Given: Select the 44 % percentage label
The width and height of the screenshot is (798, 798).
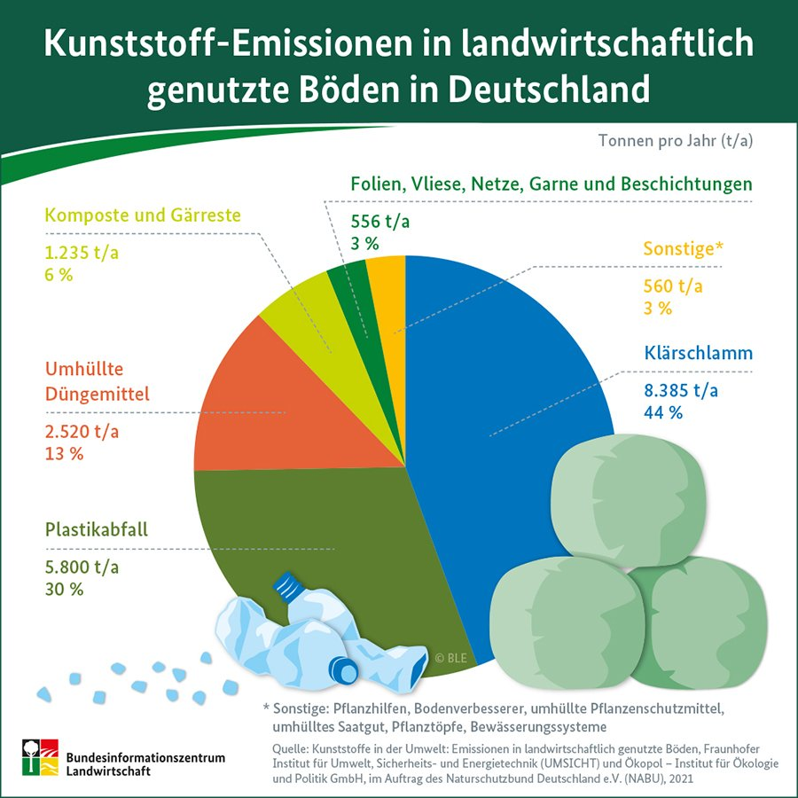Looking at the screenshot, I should pyautogui.click(x=664, y=411).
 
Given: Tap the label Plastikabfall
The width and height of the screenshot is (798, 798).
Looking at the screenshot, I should pyautogui.click(x=97, y=531).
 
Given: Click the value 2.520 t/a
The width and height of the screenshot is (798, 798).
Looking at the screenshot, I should pyautogui.click(x=82, y=432).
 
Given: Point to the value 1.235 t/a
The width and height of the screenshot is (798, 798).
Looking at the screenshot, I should pyautogui.click(x=82, y=253).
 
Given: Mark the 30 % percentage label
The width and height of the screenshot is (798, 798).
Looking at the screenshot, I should pyautogui.click(x=64, y=589).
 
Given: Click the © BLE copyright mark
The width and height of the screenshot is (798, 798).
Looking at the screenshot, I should pyautogui.click(x=451, y=658).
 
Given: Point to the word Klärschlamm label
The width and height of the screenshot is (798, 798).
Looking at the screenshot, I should pyautogui.click(x=698, y=353).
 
